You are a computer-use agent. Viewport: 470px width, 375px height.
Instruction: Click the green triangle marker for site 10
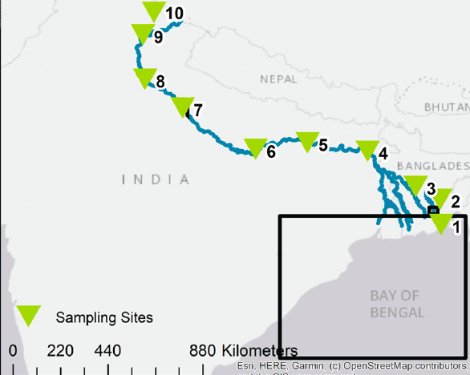click(152, 10)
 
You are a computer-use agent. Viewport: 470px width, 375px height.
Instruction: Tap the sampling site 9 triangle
click(141, 33)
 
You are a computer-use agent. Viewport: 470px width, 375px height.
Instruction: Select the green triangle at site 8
click(144, 77)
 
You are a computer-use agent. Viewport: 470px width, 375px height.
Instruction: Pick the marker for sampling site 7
click(183, 106)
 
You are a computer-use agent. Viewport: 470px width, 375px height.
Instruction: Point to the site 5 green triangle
click(307, 141)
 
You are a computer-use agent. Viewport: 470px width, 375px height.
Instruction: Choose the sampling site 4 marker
click(367, 150)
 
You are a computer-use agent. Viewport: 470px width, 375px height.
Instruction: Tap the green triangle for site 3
click(415, 185)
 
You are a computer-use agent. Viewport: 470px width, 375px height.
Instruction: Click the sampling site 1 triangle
click(441, 224)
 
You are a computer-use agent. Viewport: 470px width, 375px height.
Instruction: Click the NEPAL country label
click(278, 79)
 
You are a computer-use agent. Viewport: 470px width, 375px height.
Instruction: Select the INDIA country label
click(156, 179)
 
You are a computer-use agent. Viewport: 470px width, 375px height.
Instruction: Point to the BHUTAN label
click(447, 107)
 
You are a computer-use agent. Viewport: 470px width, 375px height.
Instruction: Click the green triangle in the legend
click(30, 316)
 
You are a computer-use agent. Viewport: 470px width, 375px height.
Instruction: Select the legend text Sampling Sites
click(104, 317)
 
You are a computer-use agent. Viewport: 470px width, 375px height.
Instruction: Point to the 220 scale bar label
click(60, 351)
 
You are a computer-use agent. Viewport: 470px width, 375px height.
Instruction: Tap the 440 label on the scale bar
click(107, 351)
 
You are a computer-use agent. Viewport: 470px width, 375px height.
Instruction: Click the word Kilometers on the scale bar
click(259, 351)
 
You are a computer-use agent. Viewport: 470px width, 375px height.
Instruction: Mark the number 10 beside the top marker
click(174, 13)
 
